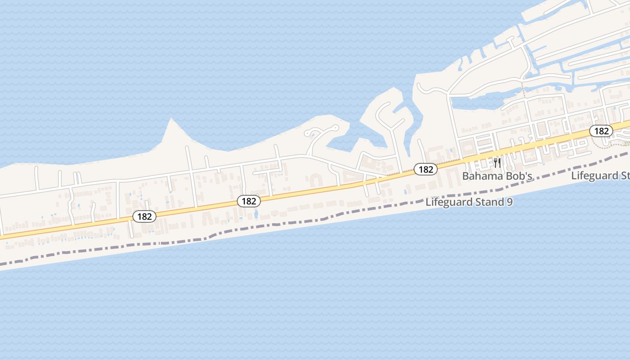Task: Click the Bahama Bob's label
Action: tap(497, 176)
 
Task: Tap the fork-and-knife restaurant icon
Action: tap(497, 162)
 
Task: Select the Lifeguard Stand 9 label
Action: tap(469, 202)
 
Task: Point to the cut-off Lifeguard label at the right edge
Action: tap(600, 175)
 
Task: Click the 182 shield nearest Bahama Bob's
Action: tap(425, 169)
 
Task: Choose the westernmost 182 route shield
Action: tap(144, 216)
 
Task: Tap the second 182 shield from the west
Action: tap(249, 201)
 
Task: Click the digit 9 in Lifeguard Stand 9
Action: tap(509, 202)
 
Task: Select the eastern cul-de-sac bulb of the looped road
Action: tap(335, 127)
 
